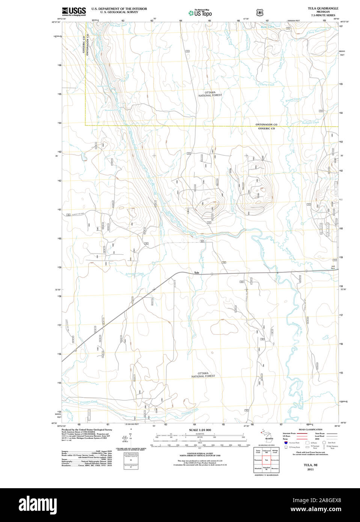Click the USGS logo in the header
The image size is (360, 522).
[x=74, y=11]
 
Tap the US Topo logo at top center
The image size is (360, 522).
[x=200, y=13]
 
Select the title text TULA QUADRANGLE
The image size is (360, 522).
[x=323, y=8]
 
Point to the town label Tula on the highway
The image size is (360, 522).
[x=196, y=273]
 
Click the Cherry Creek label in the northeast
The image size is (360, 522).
[x=267, y=84]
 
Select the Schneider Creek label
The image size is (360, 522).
[x=135, y=274]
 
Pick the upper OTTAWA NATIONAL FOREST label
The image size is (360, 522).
[x=210, y=94]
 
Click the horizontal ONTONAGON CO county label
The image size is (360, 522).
[x=267, y=124]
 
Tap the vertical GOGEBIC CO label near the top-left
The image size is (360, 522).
[x=84, y=46]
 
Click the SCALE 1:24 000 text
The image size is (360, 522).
[x=200, y=430]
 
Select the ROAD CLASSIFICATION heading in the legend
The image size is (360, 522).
[x=310, y=430]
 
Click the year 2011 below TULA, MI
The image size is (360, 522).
[x=310, y=469]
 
